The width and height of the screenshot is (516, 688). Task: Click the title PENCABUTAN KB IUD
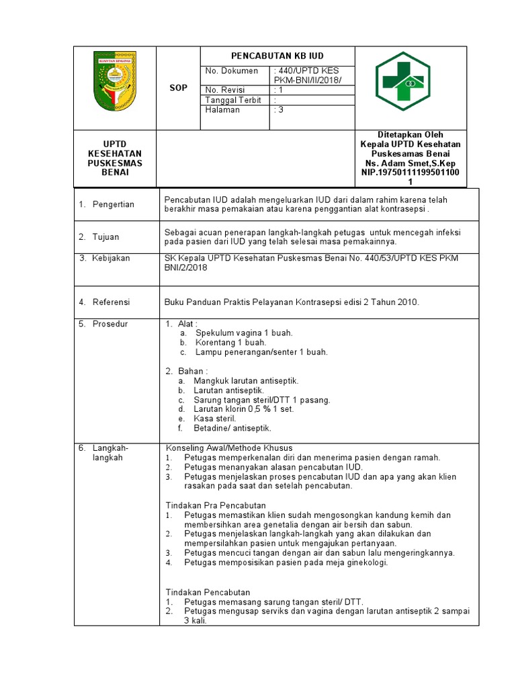pyautogui.click(x=277, y=56)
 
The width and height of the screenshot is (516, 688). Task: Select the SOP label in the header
pyautogui.click(x=178, y=88)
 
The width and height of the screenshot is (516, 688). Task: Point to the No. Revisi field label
pyautogui.click(x=225, y=90)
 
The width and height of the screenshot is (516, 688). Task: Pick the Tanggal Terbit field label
pyautogui.click(x=232, y=100)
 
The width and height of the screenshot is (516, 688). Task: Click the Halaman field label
pyautogui.click(x=222, y=110)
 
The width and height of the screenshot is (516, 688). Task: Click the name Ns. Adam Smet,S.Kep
pyautogui.click(x=411, y=163)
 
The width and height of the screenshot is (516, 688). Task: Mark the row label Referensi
pyautogui.click(x=111, y=302)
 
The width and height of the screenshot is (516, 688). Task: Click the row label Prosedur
pyautogui.click(x=110, y=324)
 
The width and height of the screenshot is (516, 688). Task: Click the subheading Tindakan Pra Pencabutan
pyautogui.click(x=216, y=505)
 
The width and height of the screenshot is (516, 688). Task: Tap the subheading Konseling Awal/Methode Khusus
pyautogui.click(x=229, y=447)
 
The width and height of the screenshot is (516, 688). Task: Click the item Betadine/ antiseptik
pyautogui.click(x=232, y=427)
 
